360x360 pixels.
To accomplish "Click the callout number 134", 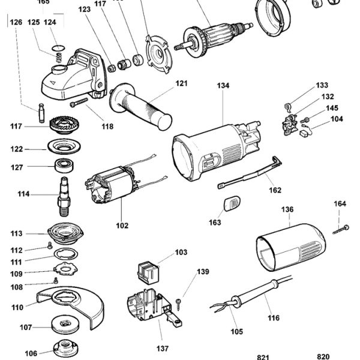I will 223,86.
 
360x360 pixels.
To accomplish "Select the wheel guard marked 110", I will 66,303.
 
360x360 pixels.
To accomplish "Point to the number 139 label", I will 203,272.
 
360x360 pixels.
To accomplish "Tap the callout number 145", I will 332,108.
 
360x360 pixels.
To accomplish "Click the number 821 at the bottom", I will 263,357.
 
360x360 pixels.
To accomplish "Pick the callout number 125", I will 34,22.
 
